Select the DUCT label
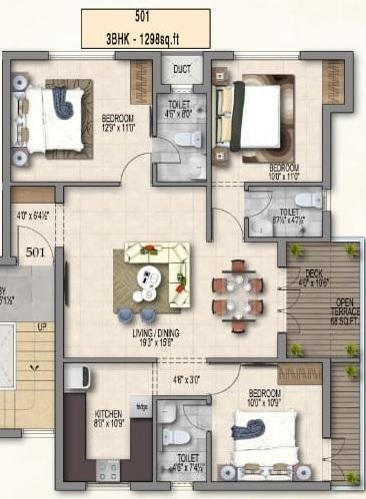(x=182, y=70)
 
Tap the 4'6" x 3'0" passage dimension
(x=187, y=379)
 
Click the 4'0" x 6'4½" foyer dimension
(x=33, y=214)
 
